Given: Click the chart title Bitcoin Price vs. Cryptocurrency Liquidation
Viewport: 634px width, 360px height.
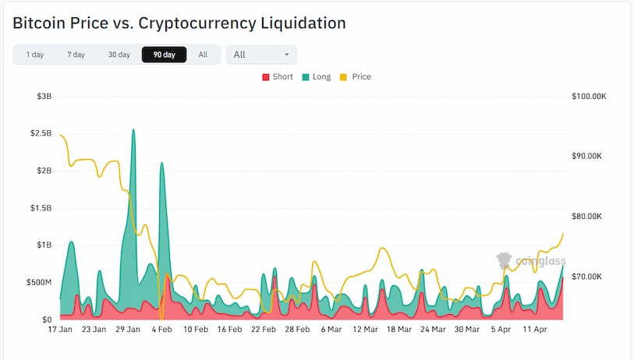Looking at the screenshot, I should [x=179, y=23].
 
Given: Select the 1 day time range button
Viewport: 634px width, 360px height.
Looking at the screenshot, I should [x=34, y=55].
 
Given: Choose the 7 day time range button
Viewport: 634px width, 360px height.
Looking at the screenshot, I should [x=76, y=55].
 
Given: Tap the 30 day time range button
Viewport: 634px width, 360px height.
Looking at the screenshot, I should [x=119, y=55].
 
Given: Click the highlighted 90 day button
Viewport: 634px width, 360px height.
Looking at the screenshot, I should [x=164, y=55].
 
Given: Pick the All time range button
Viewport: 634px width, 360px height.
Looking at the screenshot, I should [x=203, y=55].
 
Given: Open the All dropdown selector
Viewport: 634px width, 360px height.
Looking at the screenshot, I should [x=261, y=55].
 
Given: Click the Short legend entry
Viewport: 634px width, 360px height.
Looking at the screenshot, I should [x=278, y=77].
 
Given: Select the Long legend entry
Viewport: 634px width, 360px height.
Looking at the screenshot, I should [x=317, y=77].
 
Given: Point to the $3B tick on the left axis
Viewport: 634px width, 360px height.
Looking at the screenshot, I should [x=44, y=97].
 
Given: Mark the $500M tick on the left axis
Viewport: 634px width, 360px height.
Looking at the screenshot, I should [x=38, y=282].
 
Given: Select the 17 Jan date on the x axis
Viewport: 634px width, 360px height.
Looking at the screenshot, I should [x=60, y=330].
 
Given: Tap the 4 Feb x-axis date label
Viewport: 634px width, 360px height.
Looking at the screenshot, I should [x=161, y=330].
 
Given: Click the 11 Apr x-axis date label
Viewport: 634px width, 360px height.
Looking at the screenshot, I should [x=534, y=330].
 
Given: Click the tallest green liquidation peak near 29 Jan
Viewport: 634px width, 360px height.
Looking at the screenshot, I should [x=133, y=131].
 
